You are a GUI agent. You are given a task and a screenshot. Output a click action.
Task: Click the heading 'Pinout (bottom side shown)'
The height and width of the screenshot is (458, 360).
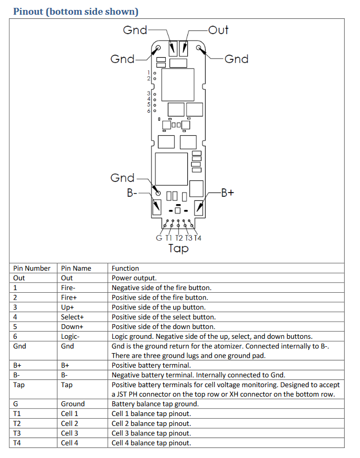pos(76,11)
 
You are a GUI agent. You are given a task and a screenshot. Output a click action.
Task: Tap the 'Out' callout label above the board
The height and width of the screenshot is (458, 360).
pos(218,30)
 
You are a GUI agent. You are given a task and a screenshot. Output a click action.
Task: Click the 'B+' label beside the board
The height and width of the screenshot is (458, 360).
pos(227,193)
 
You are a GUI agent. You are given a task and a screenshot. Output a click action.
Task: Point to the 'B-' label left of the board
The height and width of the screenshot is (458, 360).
pos(132,193)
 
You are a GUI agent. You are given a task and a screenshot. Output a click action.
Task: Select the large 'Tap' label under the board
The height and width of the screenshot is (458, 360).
pos(178,248)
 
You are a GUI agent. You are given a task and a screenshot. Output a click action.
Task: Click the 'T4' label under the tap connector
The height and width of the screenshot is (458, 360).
pos(198,238)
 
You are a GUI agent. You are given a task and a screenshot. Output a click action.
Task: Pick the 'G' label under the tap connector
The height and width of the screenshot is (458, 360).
pos(159,238)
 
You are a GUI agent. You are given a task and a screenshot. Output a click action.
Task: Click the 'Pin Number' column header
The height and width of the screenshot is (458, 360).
pos(32,268)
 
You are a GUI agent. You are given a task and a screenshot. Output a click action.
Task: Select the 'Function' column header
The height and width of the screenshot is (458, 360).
pos(125,268)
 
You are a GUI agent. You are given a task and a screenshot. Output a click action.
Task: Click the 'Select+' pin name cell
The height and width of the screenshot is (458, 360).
pos(72,317)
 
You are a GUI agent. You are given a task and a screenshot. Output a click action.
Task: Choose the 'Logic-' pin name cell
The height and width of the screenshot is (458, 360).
pos(70,336)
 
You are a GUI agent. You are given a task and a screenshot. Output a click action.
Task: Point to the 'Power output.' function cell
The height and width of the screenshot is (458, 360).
pos(134,278)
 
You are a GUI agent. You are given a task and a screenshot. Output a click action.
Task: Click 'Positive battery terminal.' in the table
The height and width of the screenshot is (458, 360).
pos(151,365)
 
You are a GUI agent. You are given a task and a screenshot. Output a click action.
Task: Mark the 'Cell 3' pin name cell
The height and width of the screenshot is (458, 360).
pos(70,433)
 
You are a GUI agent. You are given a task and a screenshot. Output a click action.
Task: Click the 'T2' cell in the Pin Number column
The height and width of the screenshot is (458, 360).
pos(17,423)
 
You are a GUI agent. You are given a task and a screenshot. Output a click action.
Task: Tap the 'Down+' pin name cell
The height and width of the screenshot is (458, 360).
pos(72,326)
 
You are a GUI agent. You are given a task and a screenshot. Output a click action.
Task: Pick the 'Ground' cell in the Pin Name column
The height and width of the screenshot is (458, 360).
pos(72,404)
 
